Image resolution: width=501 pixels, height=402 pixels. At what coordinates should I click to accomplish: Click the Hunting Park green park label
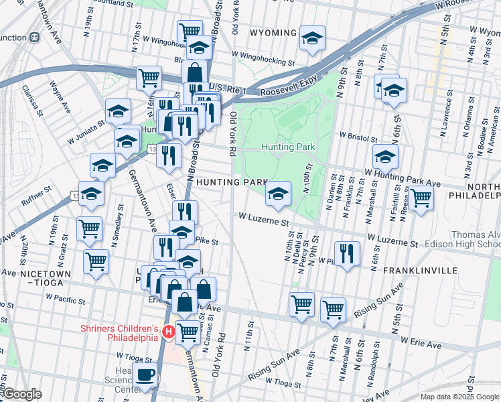(x=288, y=146)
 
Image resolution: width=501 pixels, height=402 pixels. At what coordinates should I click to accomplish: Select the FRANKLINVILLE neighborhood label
(x=420, y=271)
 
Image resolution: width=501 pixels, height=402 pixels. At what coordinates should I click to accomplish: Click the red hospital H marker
(x=169, y=332)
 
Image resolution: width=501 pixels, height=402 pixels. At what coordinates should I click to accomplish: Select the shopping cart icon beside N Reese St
(x=421, y=198)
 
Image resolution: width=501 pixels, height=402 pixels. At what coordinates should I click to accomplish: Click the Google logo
(x=22, y=394)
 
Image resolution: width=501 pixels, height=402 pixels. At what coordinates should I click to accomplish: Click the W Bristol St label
(x=358, y=135)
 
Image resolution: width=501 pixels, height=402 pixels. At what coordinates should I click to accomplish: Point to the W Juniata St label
(x=85, y=123)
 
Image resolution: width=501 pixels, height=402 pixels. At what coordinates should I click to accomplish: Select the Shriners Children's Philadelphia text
(x=119, y=333)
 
